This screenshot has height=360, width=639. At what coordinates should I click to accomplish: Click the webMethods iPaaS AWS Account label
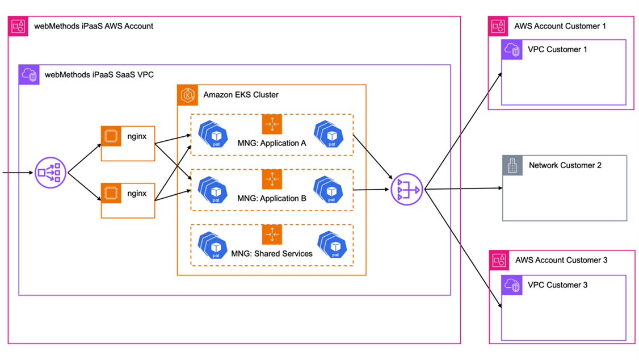pyautogui.click(x=93, y=26)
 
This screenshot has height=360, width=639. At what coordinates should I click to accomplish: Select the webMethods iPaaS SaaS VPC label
pyautogui.click(x=99, y=74)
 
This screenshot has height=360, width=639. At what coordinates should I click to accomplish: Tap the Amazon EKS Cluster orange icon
pyautogui.click(x=187, y=95)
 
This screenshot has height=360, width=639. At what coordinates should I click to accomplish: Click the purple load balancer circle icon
pyautogui.click(x=51, y=172)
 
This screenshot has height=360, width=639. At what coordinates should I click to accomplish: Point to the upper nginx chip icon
pyautogui.click(x=111, y=137)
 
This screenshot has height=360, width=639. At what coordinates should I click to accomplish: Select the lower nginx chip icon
pyautogui.click(x=111, y=193)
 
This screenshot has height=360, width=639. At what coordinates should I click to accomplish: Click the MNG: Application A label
pyautogui.click(x=271, y=143)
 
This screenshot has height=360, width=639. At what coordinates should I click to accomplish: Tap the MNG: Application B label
pyautogui.click(x=271, y=198)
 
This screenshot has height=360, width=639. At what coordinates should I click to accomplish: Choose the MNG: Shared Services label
pyautogui.click(x=271, y=253)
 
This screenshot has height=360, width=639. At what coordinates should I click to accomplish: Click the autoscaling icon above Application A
pyautogui.click(x=272, y=124)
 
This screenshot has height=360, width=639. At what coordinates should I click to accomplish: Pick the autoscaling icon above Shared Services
pyautogui.click(x=272, y=235)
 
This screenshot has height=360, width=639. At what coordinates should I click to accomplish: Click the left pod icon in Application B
pyautogui.click(x=213, y=190)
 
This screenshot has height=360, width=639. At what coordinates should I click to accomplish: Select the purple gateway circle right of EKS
pyautogui.click(x=406, y=189)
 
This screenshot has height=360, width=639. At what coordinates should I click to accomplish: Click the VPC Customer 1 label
pyautogui.click(x=557, y=49)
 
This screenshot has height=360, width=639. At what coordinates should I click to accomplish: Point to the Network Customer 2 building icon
pyautogui.click(x=512, y=165)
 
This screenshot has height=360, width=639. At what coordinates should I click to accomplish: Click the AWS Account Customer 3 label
pyautogui.click(x=561, y=260)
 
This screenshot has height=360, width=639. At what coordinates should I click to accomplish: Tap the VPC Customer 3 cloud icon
pyautogui.click(x=512, y=285)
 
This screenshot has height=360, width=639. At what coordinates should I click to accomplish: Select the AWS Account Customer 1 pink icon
pyautogui.click(x=499, y=26)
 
